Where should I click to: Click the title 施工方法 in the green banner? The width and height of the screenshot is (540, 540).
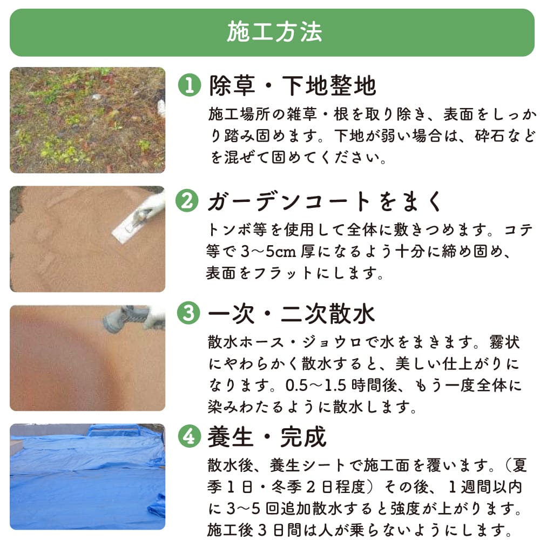pos(274,32)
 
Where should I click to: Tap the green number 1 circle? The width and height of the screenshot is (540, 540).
pos(190,85)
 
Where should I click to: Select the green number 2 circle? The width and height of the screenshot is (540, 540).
pos(187,200)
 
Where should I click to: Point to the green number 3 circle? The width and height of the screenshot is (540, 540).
pos(188,313)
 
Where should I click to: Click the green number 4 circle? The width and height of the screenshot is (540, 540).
pos(190,436)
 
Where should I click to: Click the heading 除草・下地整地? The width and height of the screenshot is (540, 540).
pos(292,86)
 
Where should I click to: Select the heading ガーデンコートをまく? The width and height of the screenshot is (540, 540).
pos(325,201)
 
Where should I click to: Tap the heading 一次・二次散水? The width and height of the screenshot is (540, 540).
pos(292,314)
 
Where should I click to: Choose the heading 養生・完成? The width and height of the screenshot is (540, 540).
pos(267,437)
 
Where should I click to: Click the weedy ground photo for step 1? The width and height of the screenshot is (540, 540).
pos(87,120)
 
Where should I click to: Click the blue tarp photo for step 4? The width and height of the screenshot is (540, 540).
pos(87,477)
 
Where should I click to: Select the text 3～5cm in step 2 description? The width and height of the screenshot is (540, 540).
pos(268,252)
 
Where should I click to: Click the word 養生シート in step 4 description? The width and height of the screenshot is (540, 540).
pos(307,465)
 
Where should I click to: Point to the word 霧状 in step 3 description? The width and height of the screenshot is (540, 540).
pos(504,343)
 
